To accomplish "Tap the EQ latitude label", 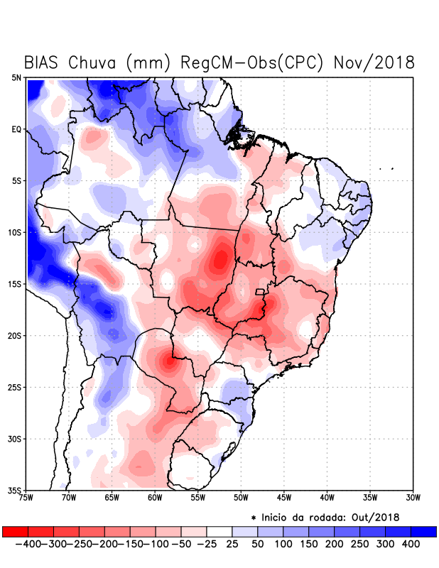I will point(16,129).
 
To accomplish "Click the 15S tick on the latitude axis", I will point(15,284).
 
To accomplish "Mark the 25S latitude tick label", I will point(15,387).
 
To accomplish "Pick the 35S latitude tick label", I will point(15,490).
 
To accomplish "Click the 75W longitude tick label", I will point(26,497).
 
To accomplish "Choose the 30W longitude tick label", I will point(413,497).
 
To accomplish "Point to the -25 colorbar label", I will point(207,544).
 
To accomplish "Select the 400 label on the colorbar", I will point(410,544).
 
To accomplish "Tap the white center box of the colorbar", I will point(220,531).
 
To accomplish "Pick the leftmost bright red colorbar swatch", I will point(15,531).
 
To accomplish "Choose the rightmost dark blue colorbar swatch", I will point(423,531).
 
